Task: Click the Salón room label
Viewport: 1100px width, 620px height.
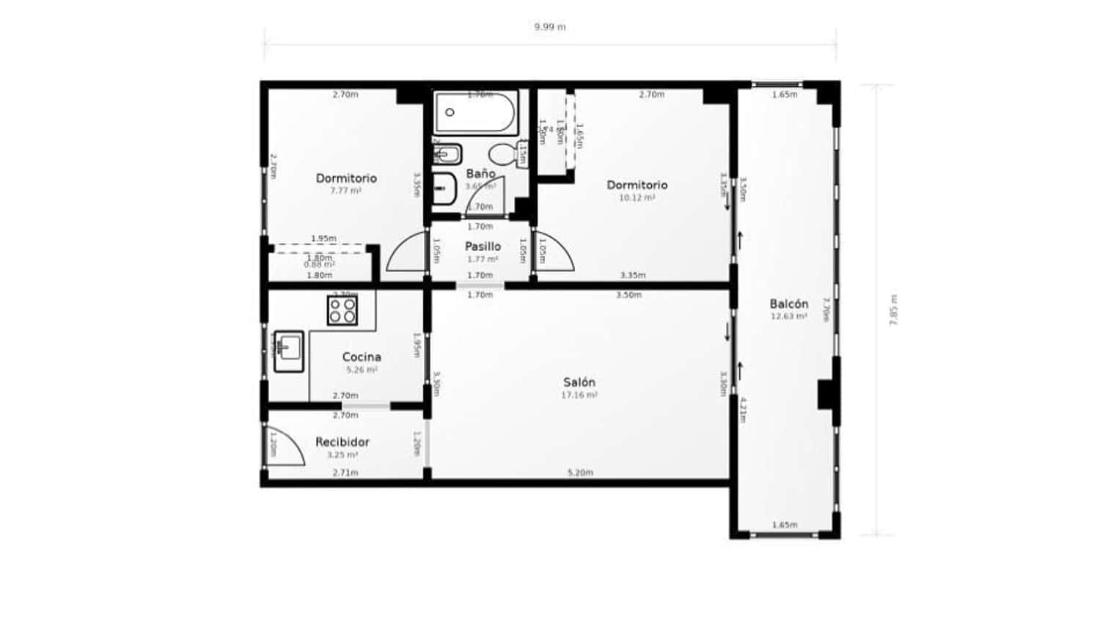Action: (x=579, y=382)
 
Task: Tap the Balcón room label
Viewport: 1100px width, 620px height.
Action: (x=789, y=304)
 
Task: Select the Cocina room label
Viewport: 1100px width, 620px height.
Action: (x=362, y=357)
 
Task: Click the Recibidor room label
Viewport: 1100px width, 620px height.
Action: (x=342, y=442)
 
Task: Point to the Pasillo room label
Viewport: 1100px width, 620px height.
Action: (x=483, y=247)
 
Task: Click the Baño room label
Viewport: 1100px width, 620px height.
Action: (x=480, y=174)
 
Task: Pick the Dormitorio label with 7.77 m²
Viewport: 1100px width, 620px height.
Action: (x=346, y=178)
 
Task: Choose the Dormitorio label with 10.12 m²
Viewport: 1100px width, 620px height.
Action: (x=637, y=185)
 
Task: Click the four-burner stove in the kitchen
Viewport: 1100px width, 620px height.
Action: (x=342, y=310)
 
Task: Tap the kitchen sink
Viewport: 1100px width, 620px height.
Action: (x=289, y=351)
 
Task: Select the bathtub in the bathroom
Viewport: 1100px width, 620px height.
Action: (x=476, y=112)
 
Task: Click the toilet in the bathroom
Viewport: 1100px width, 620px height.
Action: (x=503, y=154)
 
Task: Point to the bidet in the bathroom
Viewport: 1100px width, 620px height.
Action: (x=447, y=154)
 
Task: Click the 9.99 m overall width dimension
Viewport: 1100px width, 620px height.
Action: (x=549, y=27)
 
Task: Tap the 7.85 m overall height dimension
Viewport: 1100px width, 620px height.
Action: (x=893, y=310)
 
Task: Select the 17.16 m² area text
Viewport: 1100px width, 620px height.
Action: (x=579, y=395)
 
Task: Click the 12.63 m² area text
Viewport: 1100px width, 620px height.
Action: (x=789, y=317)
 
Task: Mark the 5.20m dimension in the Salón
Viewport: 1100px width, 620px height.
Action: (x=580, y=473)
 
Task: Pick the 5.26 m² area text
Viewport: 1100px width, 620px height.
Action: (x=362, y=370)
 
